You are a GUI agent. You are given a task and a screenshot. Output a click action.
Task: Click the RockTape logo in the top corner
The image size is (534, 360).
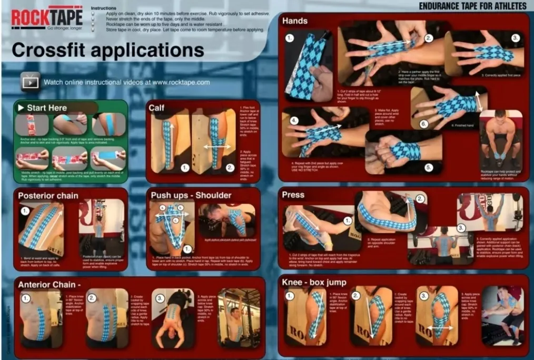[x=46, y=17]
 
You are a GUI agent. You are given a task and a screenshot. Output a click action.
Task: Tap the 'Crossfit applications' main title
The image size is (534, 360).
[x=107, y=50]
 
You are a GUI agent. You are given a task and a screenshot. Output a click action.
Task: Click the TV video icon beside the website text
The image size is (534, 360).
[x=31, y=81]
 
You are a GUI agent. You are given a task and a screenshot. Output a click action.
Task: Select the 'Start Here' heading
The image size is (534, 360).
[x=47, y=108]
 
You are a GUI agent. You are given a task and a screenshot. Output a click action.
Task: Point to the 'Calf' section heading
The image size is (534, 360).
[x=156, y=108]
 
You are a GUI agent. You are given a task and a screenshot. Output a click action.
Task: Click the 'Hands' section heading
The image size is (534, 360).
[x=295, y=21]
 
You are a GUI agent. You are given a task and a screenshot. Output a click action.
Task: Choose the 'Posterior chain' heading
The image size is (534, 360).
[x=48, y=196]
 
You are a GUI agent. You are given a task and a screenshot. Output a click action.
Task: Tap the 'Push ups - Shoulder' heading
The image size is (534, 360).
[x=191, y=195]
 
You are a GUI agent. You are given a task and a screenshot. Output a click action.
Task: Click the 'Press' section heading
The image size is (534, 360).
[x=293, y=194]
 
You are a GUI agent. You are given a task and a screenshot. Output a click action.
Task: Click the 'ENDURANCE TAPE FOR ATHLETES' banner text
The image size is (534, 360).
[x=472, y=6]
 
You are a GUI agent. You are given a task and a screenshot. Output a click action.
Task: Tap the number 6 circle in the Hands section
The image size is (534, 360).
[x=423, y=124]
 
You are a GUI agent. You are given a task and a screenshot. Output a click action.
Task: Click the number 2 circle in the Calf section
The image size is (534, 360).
[x=230, y=168]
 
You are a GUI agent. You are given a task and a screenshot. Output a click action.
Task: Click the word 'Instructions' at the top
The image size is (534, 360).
[x=103, y=8]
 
